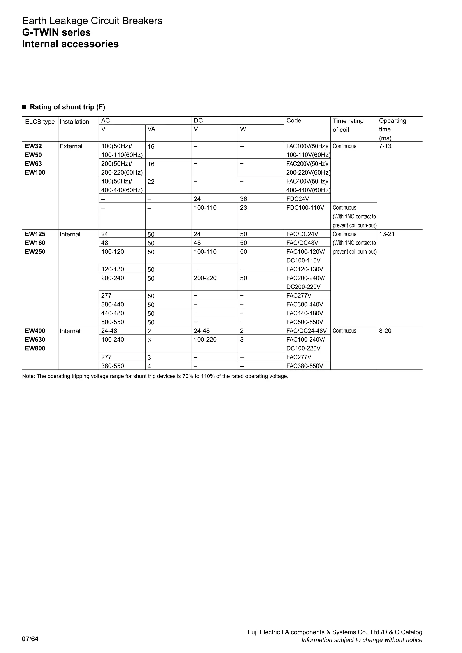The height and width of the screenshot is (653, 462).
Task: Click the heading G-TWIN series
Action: pos(56,32)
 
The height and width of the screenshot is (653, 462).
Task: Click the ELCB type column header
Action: pos(40,122)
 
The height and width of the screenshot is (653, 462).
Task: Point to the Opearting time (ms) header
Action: pos(392,129)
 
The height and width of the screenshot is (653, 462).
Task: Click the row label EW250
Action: pos(35,251)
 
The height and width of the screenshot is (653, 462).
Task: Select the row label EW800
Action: pos(35,348)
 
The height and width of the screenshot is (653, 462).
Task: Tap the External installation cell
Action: pos(71,146)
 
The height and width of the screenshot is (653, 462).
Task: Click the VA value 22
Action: pos(151,182)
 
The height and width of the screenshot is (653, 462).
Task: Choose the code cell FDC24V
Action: pos(298,199)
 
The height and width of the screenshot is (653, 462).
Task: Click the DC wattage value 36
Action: pos(243,199)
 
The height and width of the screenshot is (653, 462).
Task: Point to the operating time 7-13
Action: pos(385,146)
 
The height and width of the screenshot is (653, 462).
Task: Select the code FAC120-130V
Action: pos(305,269)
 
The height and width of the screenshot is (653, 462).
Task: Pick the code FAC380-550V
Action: pos(305,366)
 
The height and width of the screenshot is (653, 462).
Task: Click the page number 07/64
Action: pos(30,639)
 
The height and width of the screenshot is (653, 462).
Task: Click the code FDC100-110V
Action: pos(305,208)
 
